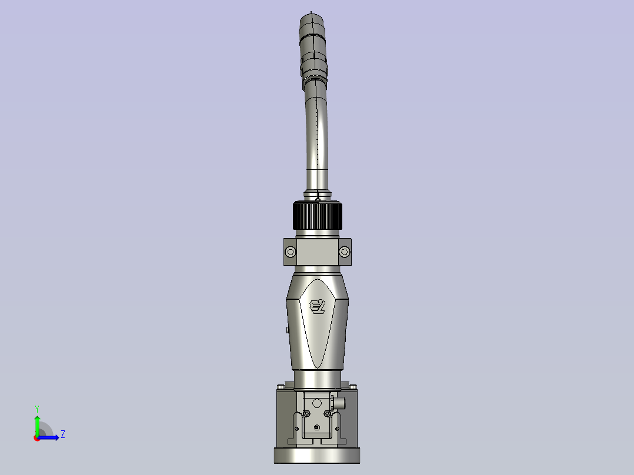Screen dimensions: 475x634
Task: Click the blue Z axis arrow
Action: coord(51,437)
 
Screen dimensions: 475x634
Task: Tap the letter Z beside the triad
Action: coord(62,434)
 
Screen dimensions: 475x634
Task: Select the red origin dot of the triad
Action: coord(36,437)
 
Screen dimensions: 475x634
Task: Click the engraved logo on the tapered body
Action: coord(318,306)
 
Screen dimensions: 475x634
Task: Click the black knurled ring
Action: coord(318,216)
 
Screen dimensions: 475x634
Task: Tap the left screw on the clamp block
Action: coord(290,252)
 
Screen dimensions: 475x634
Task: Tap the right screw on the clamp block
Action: coord(345,252)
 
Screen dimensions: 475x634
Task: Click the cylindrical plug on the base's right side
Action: coord(339,403)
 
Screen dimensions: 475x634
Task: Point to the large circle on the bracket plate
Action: coord(316,403)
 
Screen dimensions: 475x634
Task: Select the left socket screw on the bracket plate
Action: coord(304,414)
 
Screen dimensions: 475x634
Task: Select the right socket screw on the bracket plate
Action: coord(328,414)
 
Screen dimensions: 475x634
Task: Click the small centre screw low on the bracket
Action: coord(316,427)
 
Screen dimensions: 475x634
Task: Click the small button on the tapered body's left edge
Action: coord(286,330)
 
